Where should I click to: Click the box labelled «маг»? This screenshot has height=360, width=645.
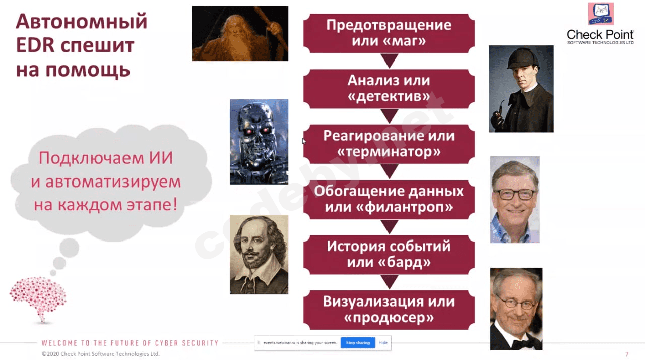389,33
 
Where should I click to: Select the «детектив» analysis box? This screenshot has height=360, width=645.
389,88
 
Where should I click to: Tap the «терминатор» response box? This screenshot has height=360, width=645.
389,144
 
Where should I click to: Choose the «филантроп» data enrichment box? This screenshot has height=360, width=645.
389,199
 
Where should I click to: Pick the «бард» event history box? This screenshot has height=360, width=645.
389,255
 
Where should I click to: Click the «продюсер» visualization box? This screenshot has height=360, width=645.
389,310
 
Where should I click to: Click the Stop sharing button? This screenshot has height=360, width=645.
358,343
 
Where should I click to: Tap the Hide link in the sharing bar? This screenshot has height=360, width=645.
383,343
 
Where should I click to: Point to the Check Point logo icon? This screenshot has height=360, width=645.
601,14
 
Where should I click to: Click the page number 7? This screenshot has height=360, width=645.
627,354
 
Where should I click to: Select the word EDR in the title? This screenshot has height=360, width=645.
36,45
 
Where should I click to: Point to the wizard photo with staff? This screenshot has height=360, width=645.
240,33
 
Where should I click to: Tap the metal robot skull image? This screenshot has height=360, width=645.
259,142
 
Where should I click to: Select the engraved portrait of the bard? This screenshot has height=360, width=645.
259,255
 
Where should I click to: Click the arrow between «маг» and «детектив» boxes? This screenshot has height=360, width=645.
389,61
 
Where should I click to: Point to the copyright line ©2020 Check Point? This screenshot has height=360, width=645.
101,354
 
